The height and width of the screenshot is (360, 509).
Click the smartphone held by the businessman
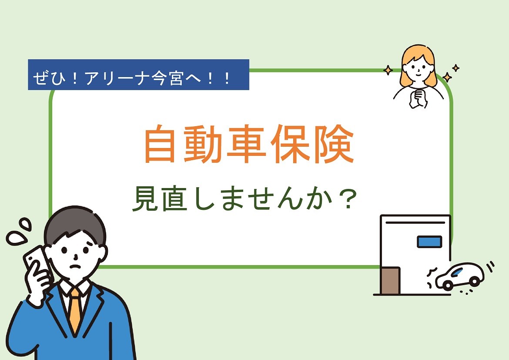[x=38, y=263]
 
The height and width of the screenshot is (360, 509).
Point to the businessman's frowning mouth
[x=76, y=266]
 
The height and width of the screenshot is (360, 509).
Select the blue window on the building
[x=429, y=242]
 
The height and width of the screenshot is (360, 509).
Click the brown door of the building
[x=390, y=281]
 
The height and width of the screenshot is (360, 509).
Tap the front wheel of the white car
[x=448, y=285]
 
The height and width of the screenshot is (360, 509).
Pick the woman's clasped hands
[x=418, y=99]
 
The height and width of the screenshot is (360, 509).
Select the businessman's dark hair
[x=75, y=224]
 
